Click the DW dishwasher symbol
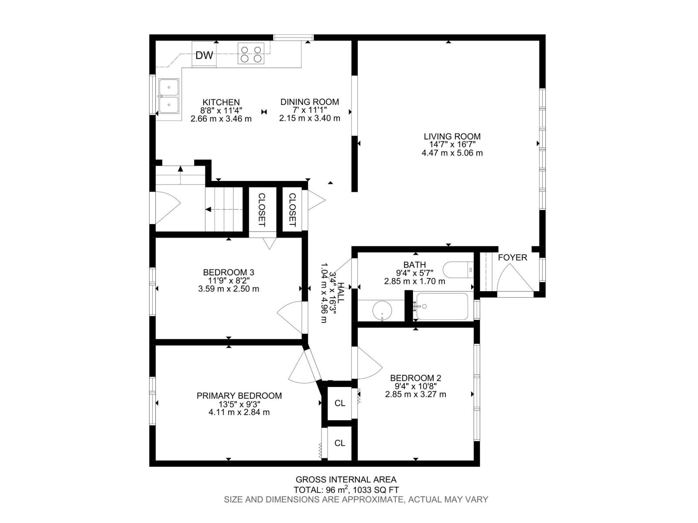tap(204, 55)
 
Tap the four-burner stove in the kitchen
tap(251, 53)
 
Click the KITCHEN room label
tap(221, 102)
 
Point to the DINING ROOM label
tap(309, 102)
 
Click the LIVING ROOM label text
tap(452, 136)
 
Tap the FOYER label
tap(512, 258)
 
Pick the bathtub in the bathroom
tap(442, 306)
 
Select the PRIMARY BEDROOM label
tap(239, 396)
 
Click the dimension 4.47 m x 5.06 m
tap(452, 153)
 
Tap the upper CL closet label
tap(340, 404)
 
